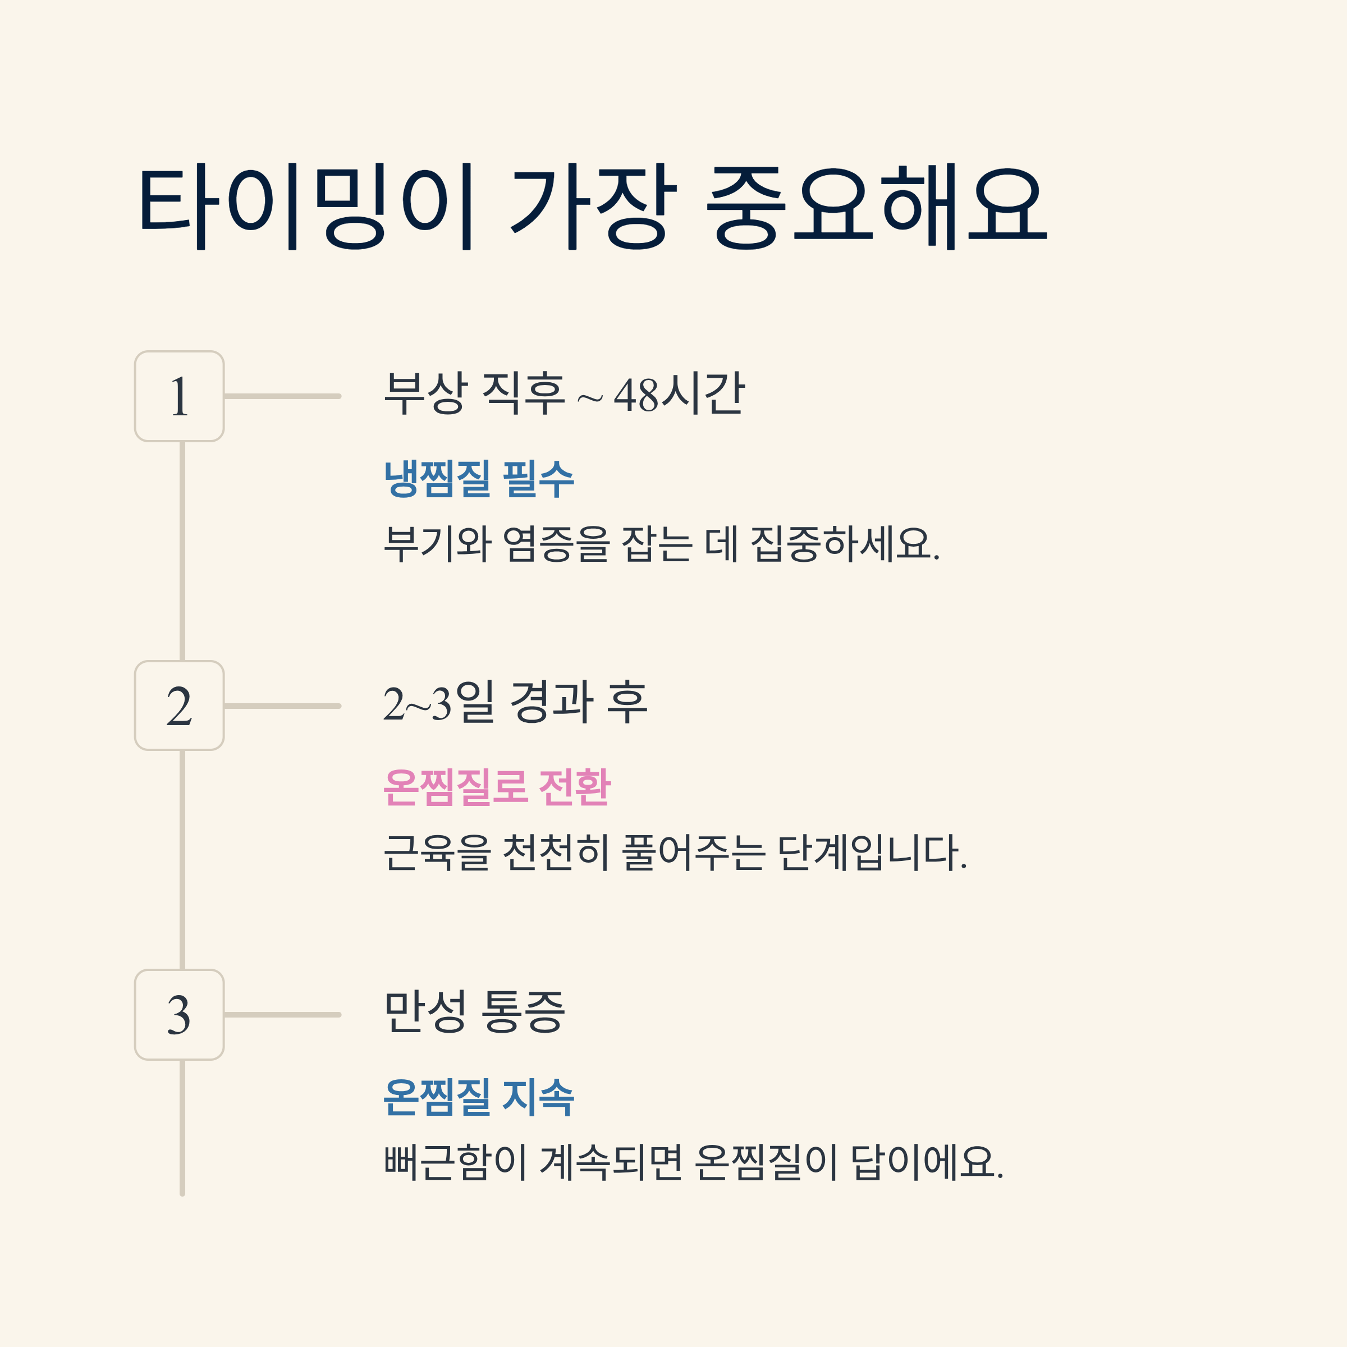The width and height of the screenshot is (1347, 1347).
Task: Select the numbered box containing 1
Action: click(x=179, y=396)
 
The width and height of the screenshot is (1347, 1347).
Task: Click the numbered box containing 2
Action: click(x=179, y=705)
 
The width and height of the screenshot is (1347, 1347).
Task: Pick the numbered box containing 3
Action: click(x=179, y=1014)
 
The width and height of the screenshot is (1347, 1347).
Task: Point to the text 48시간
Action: click(x=679, y=394)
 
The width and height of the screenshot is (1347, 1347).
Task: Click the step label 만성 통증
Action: click(x=474, y=1011)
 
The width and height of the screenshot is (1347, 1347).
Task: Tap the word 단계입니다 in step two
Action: click(x=872, y=853)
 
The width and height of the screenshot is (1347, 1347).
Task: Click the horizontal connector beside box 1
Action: click(x=282, y=396)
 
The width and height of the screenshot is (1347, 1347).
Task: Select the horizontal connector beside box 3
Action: click(x=282, y=1014)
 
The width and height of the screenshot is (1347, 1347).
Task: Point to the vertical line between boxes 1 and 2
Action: click(x=182, y=551)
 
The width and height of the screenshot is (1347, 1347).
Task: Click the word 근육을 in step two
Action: click(x=438, y=853)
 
